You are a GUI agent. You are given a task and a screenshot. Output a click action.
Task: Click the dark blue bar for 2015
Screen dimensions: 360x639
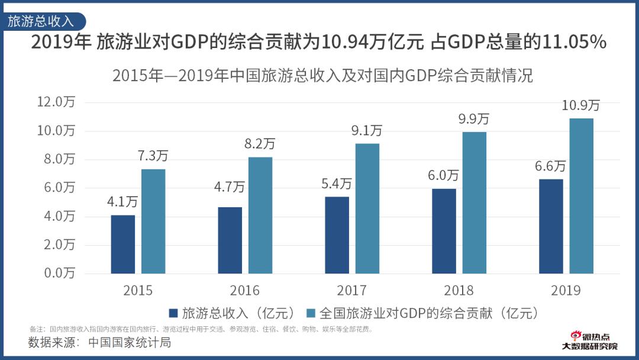click(123, 244)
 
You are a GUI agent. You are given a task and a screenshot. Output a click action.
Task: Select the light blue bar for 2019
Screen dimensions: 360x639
click(581, 196)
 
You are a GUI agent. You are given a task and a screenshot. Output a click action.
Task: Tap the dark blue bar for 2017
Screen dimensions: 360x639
click(337, 235)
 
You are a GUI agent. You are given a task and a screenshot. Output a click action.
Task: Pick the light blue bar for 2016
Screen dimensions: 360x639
click(260, 215)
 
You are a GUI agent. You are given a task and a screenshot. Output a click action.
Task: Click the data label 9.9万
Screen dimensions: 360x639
click(474, 118)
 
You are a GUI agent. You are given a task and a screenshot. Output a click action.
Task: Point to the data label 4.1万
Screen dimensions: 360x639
click(122, 202)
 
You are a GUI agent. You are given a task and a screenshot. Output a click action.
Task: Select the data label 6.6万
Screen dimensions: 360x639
click(550, 166)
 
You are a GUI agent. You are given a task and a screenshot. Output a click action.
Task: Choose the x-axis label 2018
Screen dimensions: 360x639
click(459, 291)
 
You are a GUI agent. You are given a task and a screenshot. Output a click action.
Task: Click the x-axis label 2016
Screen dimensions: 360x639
click(244, 291)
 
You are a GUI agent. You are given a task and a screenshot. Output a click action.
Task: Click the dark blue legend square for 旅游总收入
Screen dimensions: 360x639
click(173, 313)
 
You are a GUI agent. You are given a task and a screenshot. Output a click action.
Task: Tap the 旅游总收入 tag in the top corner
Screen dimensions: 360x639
click(41, 21)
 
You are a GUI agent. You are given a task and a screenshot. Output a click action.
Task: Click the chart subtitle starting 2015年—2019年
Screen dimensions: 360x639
click(322, 76)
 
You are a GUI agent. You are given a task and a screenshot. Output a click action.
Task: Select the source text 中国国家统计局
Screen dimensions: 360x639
click(130, 342)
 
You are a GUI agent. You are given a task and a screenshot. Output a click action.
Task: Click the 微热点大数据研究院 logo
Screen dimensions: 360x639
click(589, 340)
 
